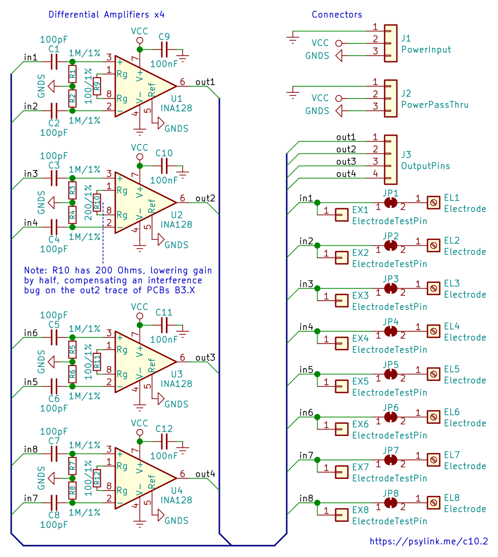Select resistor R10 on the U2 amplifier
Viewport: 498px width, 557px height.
click(97, 203)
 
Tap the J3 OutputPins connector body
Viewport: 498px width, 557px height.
click(390, 159)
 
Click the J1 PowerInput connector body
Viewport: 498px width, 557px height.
click(390, 43)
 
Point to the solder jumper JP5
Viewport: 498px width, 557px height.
click(390, 374)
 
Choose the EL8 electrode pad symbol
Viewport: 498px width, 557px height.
click(433, 503)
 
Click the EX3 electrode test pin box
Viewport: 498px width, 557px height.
click(341, 301)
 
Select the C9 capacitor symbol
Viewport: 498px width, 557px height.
click(164, 50)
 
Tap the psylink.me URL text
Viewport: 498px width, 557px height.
click(429, 541)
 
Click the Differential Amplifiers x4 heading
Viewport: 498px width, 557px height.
click(107, 15)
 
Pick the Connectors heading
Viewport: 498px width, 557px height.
click(337, 15)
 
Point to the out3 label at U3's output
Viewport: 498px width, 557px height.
click(205, 357)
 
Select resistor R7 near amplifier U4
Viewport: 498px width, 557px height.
click(72, 466)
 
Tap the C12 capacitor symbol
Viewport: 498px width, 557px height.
click(164, 442)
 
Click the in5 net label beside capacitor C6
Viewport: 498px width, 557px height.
click(31, 382)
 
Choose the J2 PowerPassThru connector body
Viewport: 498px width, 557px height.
click(390, 99)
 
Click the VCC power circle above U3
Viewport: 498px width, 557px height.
click(140, 316)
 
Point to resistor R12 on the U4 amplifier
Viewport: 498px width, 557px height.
click(97, 478)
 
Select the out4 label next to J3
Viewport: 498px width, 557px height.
click(346, 174)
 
